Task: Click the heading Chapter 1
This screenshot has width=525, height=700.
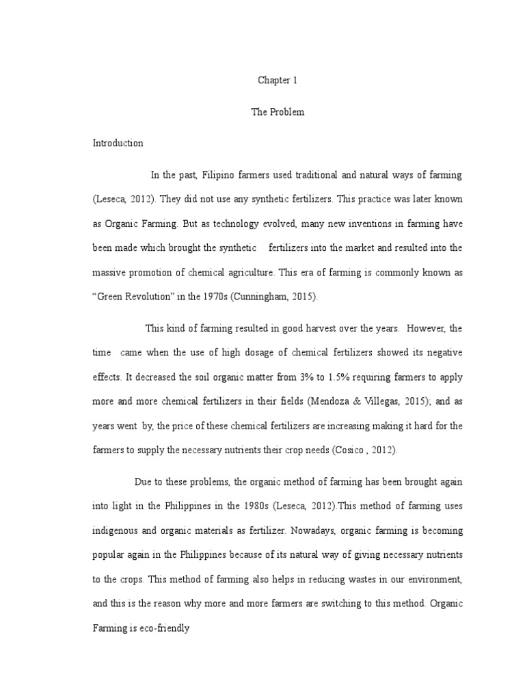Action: (278, 81)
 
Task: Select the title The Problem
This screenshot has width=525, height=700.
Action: (278, 112)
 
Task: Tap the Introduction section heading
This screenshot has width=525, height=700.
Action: (118, 144)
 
